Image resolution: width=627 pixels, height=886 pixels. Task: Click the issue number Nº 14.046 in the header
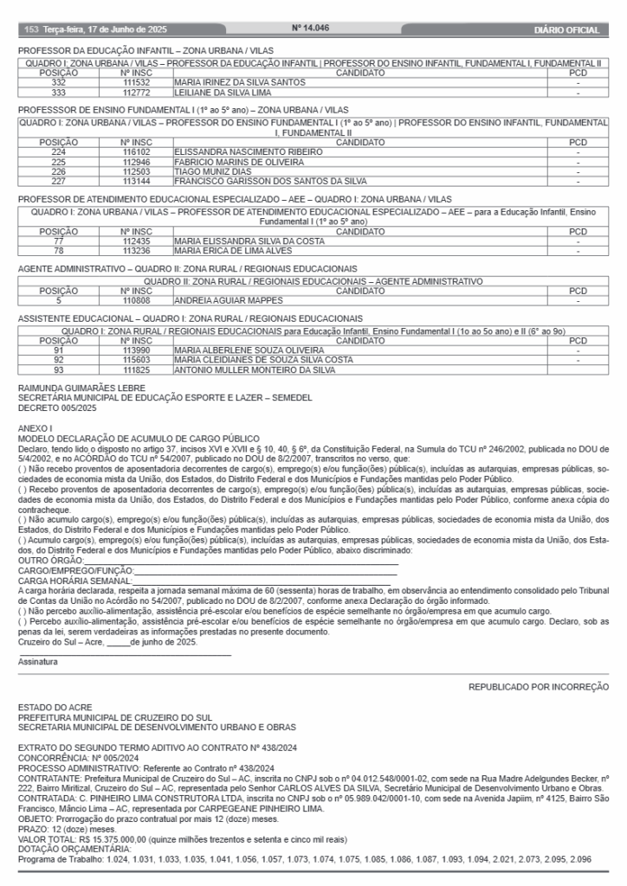point(313,29)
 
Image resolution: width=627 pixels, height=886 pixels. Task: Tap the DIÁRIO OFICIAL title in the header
point(567,30)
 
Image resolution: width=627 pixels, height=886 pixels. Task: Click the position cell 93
point(59,369)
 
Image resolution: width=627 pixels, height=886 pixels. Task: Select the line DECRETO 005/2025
point(56,408)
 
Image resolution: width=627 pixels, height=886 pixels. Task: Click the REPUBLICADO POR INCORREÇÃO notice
point(539,686)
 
